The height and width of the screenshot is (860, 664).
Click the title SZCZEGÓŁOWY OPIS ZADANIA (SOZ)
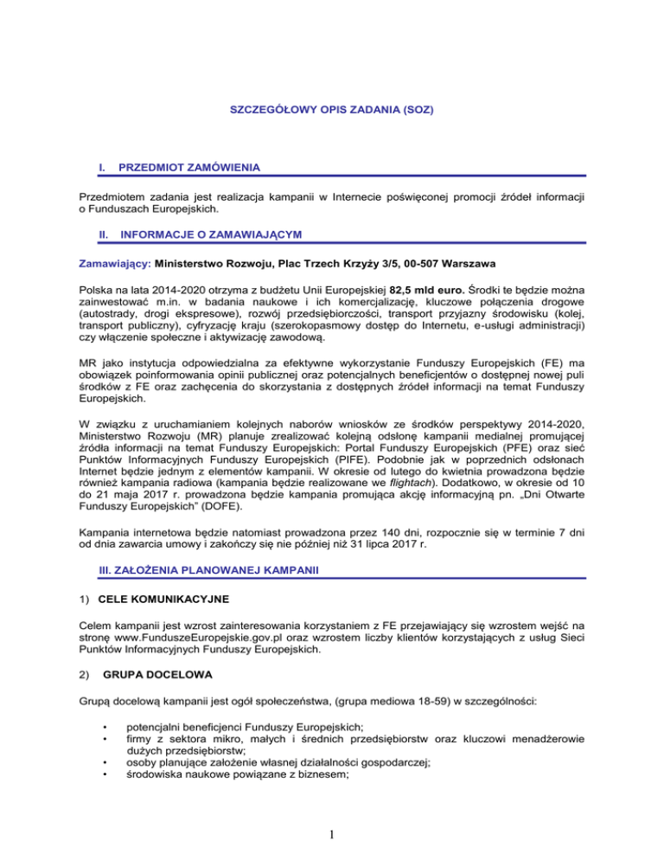(x=332, y=111)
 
